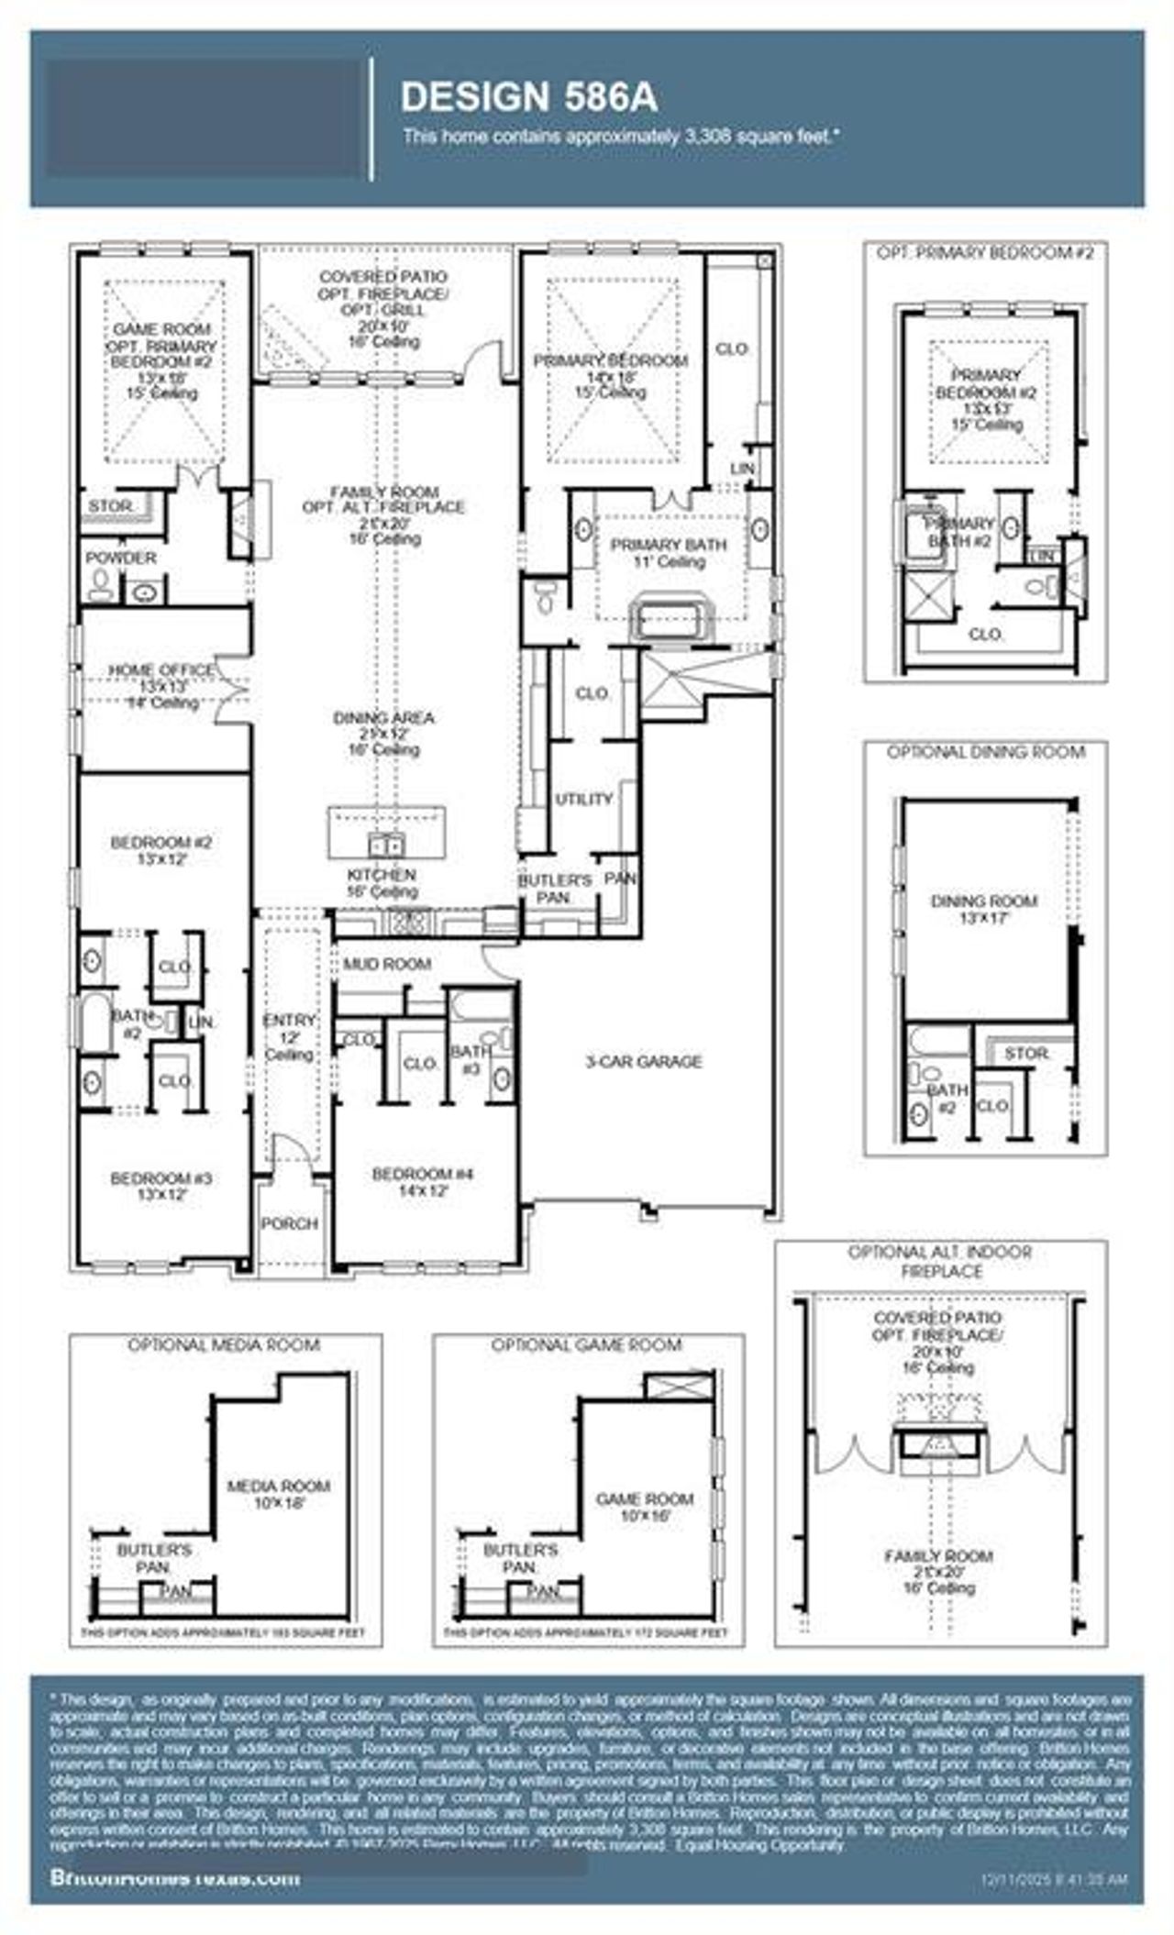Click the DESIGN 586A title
point(529,97)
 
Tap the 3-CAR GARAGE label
point(644,1062)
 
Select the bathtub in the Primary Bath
point(669,621)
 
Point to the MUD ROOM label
point(387,964)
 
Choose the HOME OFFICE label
point(161,670)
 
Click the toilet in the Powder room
point(101,586)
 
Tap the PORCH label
point(290,1223)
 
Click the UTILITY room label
point(583,799)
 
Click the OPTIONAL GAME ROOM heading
point(586,1345)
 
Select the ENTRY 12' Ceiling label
point(290,1037)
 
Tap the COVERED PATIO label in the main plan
point(383,276)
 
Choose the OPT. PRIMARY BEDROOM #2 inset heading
point(985,253)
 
